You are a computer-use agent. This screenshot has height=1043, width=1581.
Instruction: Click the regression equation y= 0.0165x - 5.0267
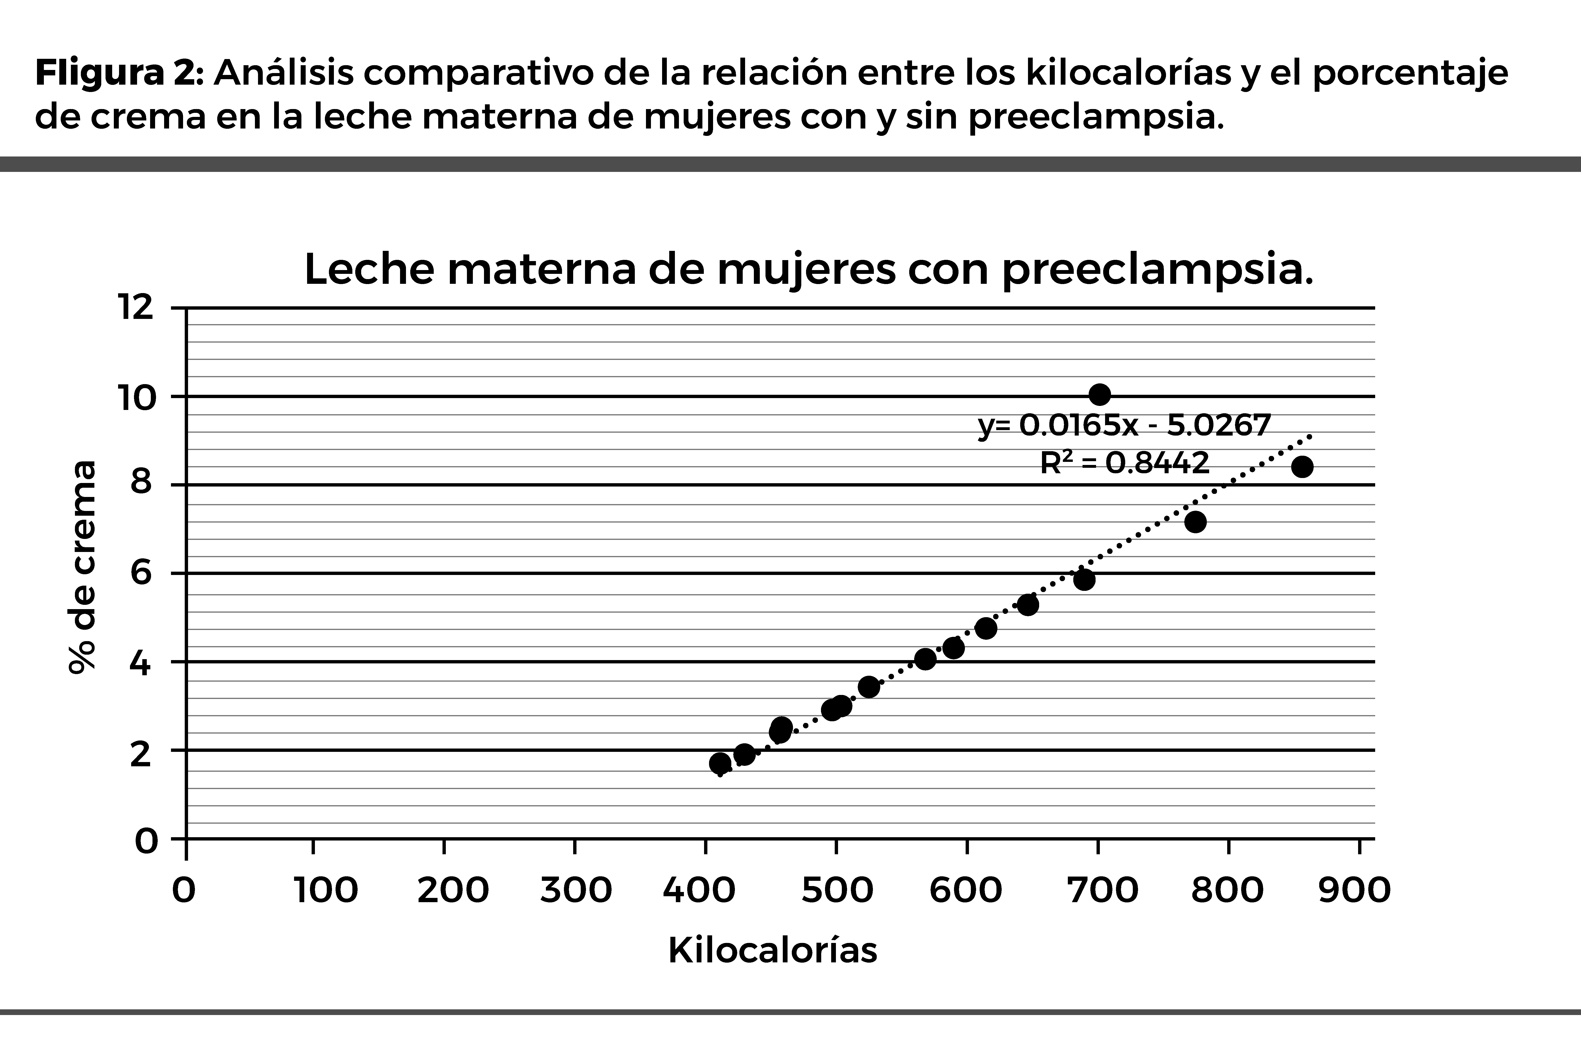point(1124,425)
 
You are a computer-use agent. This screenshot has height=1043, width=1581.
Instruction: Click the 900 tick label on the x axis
point(1354,890)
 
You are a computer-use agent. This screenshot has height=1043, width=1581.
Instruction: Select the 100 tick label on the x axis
point(326,890)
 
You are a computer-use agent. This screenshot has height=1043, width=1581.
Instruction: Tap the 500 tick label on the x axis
point(837,890)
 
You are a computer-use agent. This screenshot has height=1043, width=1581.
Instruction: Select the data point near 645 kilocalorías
point(1028,605)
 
